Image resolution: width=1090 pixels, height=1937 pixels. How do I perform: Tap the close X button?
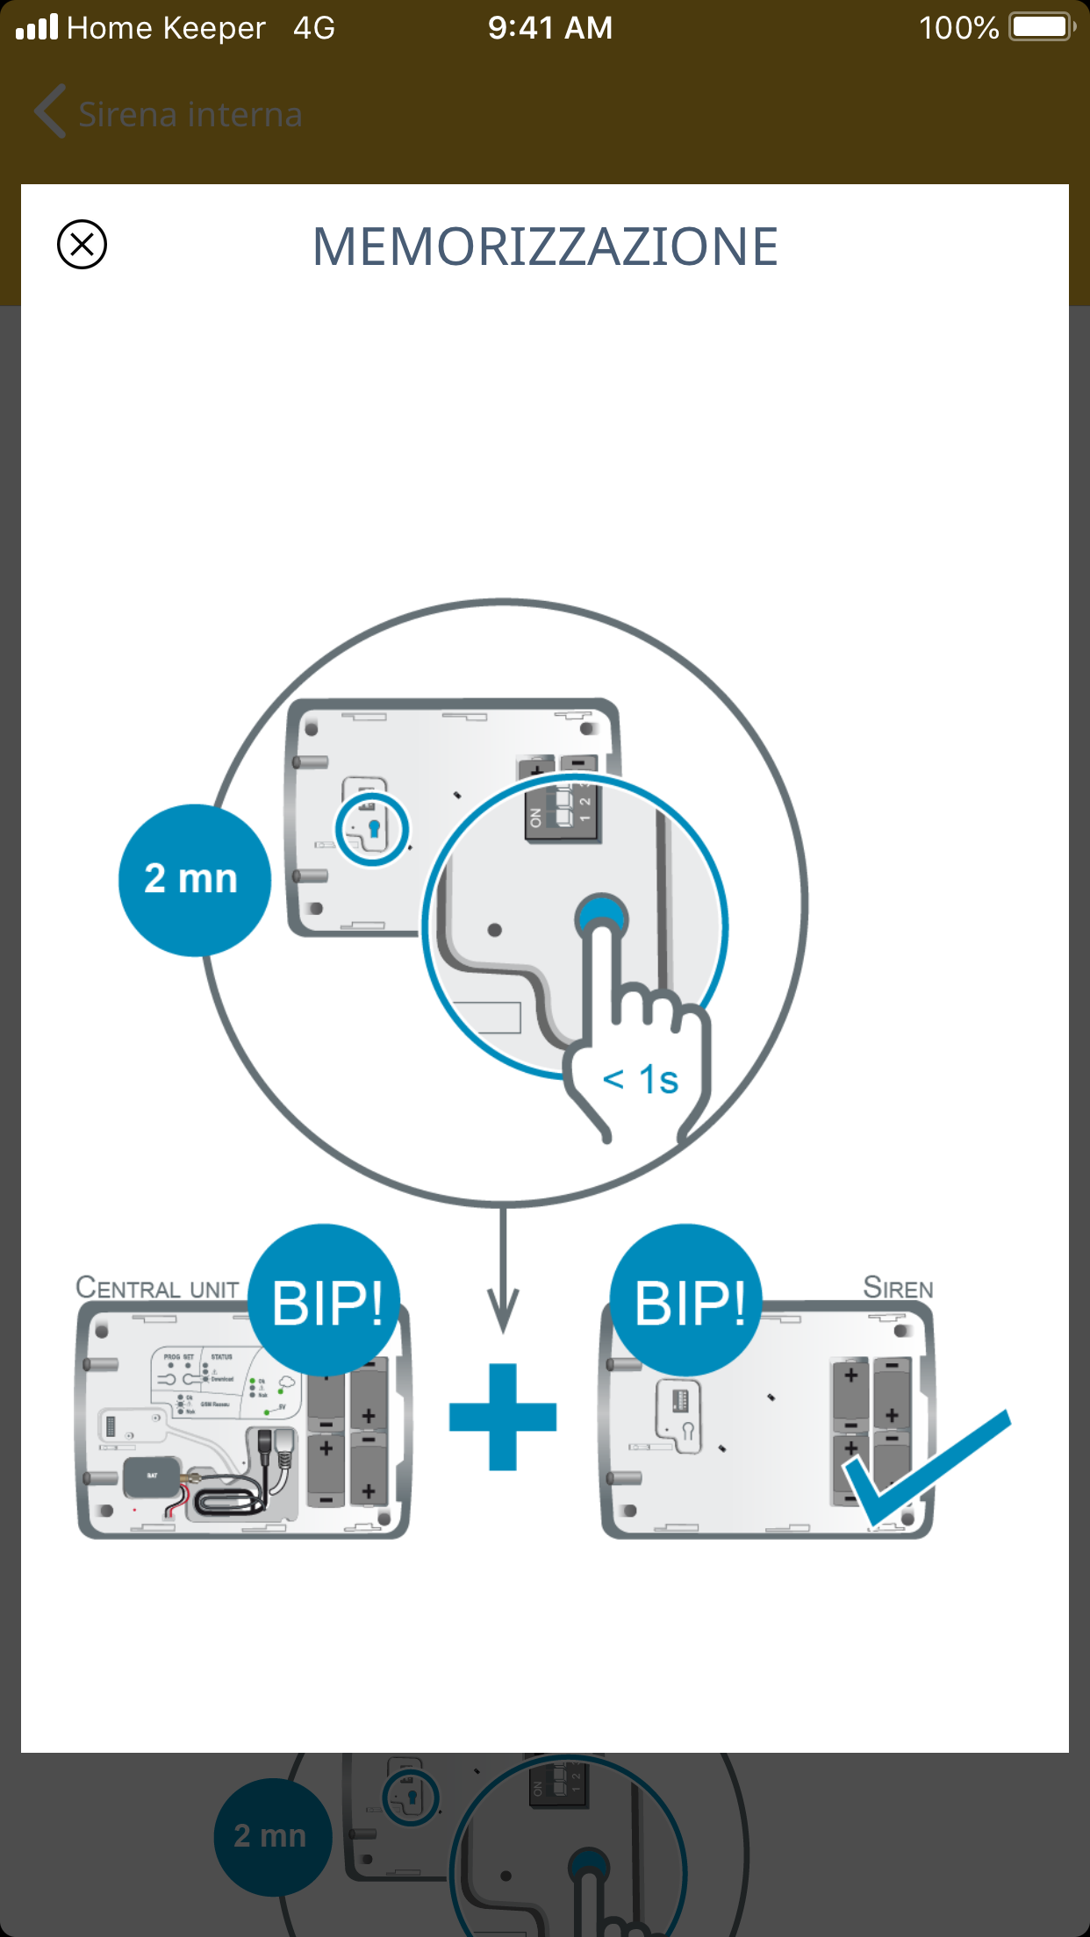(82, 244)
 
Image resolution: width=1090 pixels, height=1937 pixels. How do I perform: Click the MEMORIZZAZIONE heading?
(545, 247)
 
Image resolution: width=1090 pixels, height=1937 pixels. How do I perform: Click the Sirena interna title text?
(190, 115)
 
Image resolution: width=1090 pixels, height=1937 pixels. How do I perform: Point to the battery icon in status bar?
(1042, 27)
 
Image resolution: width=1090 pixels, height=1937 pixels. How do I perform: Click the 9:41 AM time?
(550, 28)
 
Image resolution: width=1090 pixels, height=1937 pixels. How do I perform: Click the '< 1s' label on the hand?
(641, 1080)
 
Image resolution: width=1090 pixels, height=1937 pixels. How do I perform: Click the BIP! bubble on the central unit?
(326, 1301)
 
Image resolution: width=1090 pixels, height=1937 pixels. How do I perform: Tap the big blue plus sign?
(503, 1417)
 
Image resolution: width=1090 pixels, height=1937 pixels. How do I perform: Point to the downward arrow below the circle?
(503, 1272)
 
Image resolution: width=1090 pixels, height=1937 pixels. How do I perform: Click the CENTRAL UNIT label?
(157, 1288)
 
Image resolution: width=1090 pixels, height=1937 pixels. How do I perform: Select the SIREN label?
(898, 1288)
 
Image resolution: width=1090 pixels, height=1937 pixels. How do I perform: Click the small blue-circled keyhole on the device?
(373, 828)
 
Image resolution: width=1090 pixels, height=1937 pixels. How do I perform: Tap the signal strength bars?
(37, 27)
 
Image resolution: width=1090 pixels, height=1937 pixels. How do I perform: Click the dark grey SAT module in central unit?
(152, 1477)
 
